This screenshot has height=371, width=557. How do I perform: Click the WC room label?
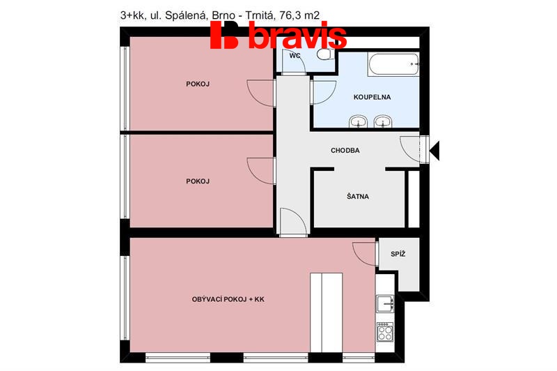(295, 56)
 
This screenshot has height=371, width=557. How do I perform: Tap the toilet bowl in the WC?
(324, 55)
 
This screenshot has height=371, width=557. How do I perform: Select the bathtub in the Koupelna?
(393, 64)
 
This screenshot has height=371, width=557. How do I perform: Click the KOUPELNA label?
(372, 97)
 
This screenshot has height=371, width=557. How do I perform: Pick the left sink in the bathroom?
(358, 121)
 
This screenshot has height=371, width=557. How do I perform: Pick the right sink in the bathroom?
(382, 121)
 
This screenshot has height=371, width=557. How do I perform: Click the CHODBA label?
(345, 151)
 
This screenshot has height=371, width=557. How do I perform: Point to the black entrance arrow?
(434, 151)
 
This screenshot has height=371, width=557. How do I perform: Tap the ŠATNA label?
(358, 197)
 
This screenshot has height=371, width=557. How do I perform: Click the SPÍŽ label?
(398, 254)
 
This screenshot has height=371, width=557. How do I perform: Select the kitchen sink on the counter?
(385, 304)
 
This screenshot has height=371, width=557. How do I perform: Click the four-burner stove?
(385, 332)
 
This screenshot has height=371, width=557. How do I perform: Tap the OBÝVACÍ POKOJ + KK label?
(228, 299)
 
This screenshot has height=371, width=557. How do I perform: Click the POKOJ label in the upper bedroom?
(198, 84)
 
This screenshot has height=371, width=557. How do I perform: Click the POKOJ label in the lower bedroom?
(198, 181)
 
